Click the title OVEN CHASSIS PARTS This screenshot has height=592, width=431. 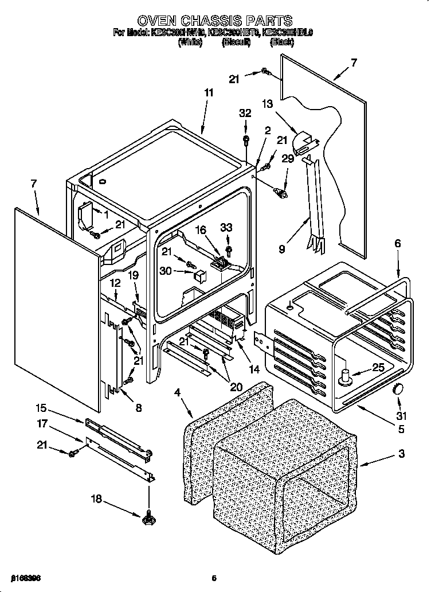click(x=215, y=22)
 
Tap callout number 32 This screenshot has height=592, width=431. click(x=245, y=114)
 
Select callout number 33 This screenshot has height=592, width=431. click(x=227, y=228)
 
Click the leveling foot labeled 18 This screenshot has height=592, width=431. click(x=149, y=519)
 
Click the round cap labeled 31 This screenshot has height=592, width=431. click(x=396, y=390)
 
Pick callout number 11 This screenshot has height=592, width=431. click(x=208, y=92)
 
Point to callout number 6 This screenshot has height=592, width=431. click(x=397, y=243)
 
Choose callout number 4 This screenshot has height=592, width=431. click(x=178, y=393)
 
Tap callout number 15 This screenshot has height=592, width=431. click(x=40, y=408)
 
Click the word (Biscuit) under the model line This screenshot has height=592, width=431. click(x=236, y=42)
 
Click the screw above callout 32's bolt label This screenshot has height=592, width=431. click(x=246, y=139)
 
